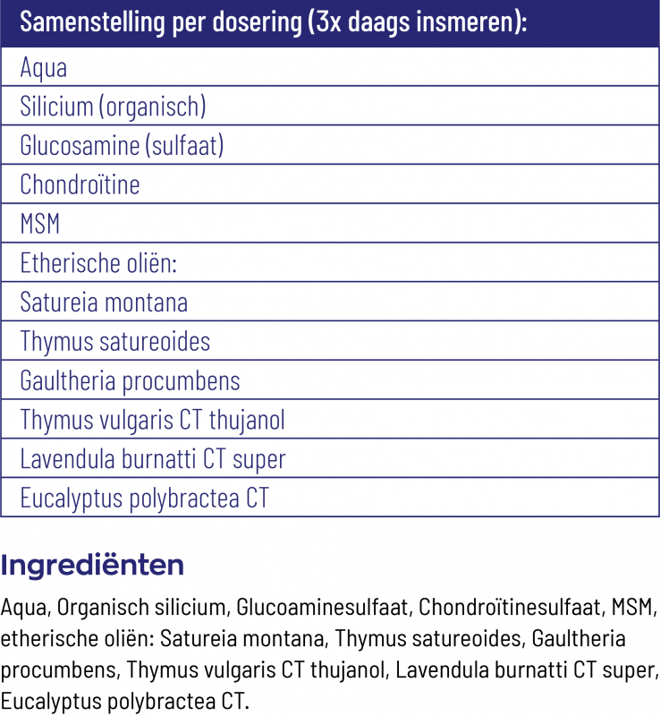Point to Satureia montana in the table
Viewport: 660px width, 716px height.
click(104, 303)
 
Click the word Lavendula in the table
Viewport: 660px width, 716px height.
click(64, 459)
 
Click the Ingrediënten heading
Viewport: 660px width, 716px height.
click(93, 566)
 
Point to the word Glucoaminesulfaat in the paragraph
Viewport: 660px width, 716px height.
click(321, 609)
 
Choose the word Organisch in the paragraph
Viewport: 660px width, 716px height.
click(99, 609)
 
